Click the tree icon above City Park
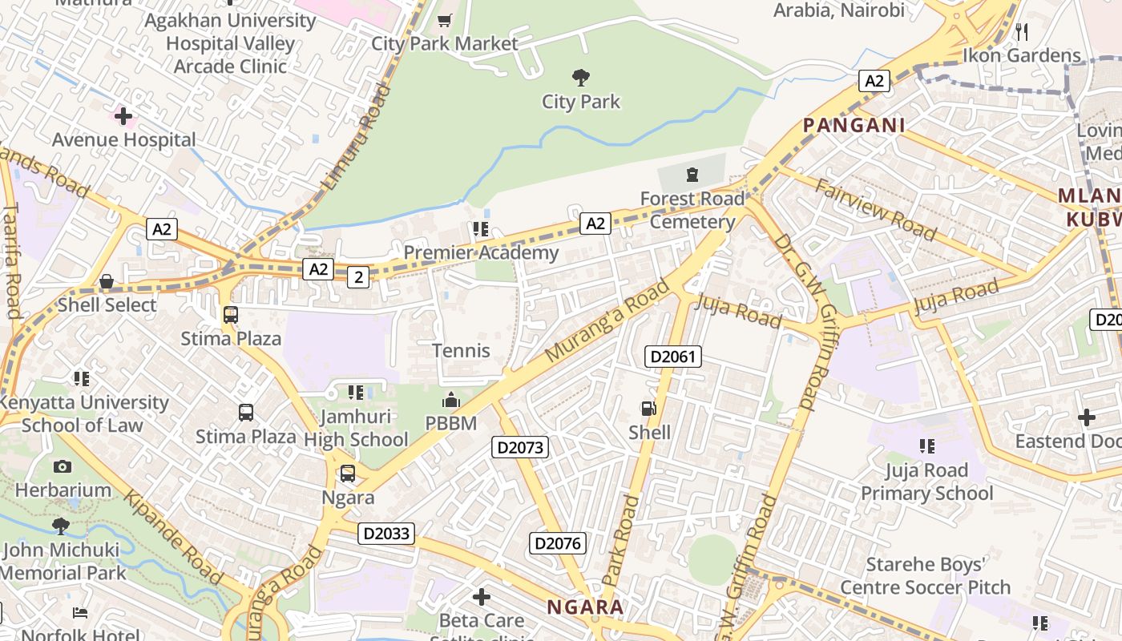(x=581, y=78)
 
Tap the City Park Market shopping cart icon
(x=444, y=20)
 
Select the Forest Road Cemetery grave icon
(x=692, y=174)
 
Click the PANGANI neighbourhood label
(x=854, y=125)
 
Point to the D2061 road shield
(x=672, y=357)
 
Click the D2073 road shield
(x=520, y=447)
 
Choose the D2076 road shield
(x=558, y=544)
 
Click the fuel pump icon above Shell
(x=648, y=409)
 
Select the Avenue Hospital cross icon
(x=123, y=116)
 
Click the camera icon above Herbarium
(x=63, y=466)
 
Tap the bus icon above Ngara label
(x=347, y=474)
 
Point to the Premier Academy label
(x=481, y=253)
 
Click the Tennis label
(x=461, y=350)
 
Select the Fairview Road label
(x=875, y=210)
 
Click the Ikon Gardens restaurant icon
(x=1021, y=32)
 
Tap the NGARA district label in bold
(x=585, y=607)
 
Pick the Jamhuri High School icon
(x=356, y=393)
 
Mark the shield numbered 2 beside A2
(x=358, y=277)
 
